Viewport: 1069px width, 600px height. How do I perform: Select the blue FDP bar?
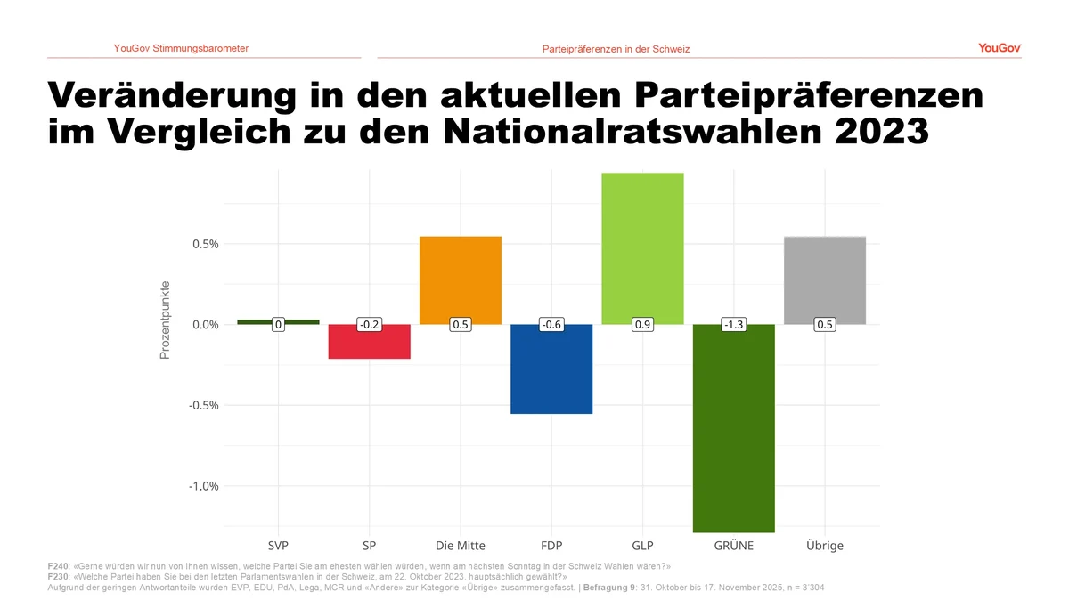pyautogui.click(x=551, y=374)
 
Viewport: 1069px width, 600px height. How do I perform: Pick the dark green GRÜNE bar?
pyautogui.click(x=733, y=436)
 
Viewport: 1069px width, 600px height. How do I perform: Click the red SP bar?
pyautogui.click(x=370, y=345)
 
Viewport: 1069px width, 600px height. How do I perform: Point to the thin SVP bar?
pyautogui.click(x=279, y=321)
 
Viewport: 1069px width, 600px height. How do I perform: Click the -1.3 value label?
pyautogui.click(x=733, y=325)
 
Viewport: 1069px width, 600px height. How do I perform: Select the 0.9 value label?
pyautogui.click(x=642, y=325)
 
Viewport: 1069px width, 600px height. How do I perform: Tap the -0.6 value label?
pyautogui.click(x=551, y=325)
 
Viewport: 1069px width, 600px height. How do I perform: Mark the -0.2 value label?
pyautogui.click(x=370, y=325)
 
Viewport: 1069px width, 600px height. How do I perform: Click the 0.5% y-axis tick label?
pyautogui.click(x=204, y=244)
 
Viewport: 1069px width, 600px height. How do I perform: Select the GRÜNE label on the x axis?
pyautogui.click(x=733, y=546)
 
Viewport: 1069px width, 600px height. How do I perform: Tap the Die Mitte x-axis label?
pyautogui.click(x=461, y=546)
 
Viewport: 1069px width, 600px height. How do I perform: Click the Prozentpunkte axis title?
pyautogui.click(x=165, y=320)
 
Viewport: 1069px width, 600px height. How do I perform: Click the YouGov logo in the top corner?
pyautogui.click(x=999, y=48)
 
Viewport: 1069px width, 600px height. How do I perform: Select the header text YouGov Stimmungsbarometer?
pyautogui.click(x=181, y=48)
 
